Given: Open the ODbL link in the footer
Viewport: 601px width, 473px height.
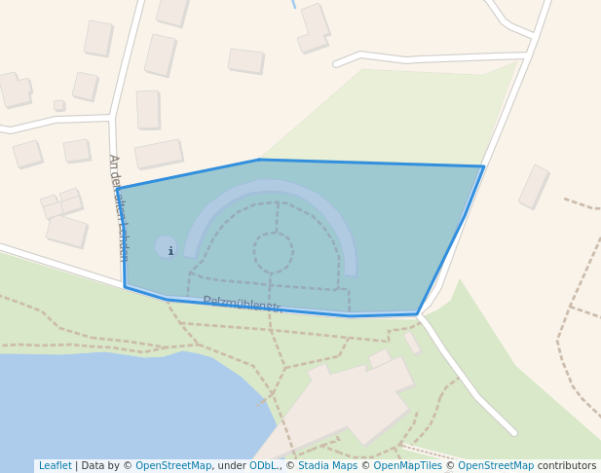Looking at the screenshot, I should point(263,466).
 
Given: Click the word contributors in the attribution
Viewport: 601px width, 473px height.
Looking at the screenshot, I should point(567,466).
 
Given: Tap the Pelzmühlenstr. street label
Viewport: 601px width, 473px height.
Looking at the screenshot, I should point(243,306).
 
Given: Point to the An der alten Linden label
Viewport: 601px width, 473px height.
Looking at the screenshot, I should point(116,206).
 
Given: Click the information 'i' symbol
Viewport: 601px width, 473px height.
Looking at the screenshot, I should point(169,251).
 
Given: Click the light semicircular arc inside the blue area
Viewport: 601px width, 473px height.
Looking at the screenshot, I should point(270,187).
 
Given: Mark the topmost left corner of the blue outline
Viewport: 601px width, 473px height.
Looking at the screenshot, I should point(118,189).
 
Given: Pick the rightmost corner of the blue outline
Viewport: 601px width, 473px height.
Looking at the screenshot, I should point(483,166).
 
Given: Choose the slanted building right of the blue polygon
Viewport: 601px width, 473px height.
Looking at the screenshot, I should point(534,186).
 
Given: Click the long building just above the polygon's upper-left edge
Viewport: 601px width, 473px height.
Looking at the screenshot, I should point(159,154).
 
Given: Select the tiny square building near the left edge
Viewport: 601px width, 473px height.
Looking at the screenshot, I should point(59,105).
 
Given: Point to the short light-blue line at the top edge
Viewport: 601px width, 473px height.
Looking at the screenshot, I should point(293,4).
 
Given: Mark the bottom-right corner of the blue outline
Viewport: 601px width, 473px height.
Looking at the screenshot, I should point(418,314).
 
